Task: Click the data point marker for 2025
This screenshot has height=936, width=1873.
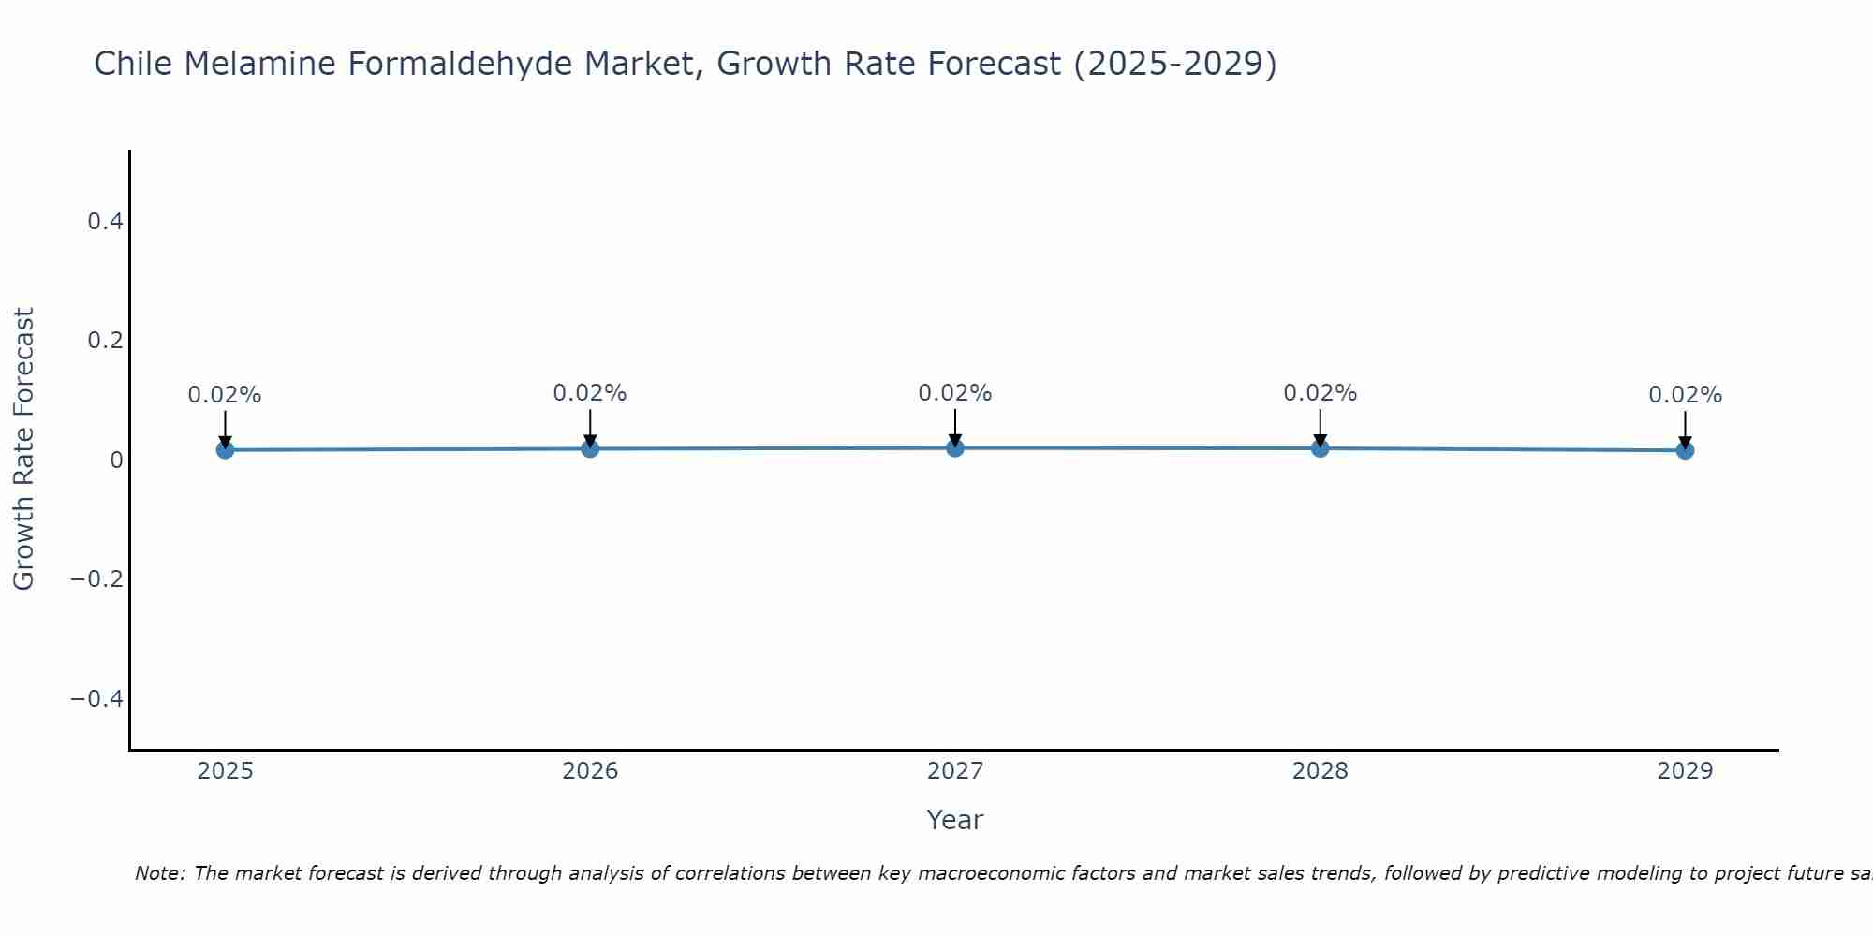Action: point(225,450)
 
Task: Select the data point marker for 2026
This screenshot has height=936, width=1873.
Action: point(590,448)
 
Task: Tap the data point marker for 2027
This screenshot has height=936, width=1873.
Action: point(955,448)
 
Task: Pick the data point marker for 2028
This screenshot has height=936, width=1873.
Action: point(1320,448)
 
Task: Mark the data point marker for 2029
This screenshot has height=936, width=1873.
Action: point(1685,450)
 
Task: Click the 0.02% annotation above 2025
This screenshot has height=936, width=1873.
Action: point(225,395)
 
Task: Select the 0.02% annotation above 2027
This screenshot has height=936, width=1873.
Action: point(955,393)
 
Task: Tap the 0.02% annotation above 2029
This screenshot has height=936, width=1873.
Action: point(1685,395)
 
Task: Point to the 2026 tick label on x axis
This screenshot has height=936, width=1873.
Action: point(590,771)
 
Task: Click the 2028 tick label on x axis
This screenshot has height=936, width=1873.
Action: point(1320,771)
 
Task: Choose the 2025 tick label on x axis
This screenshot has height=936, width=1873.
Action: point(225,771)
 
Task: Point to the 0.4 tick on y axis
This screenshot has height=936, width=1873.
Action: point(105,222)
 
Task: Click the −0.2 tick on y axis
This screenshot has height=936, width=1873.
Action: point(96,579)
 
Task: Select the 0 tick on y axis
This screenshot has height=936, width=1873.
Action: point(116,460)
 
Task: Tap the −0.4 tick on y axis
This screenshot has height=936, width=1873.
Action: point(96,699)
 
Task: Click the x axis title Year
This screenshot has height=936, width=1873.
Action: point(954,820)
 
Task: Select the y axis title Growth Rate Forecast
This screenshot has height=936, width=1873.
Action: point(23,449)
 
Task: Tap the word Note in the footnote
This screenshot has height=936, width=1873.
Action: point(159,873)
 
